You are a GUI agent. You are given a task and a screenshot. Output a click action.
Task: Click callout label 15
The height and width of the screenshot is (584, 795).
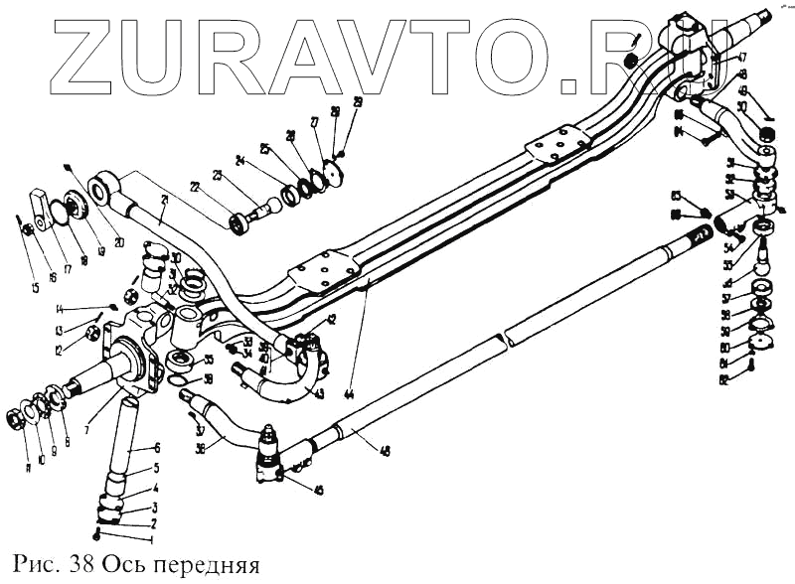[35, 288]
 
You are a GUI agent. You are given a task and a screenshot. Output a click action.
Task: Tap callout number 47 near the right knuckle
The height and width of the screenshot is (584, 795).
[742, 58]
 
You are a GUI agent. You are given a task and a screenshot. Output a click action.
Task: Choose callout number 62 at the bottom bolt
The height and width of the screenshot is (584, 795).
[724, 380]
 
